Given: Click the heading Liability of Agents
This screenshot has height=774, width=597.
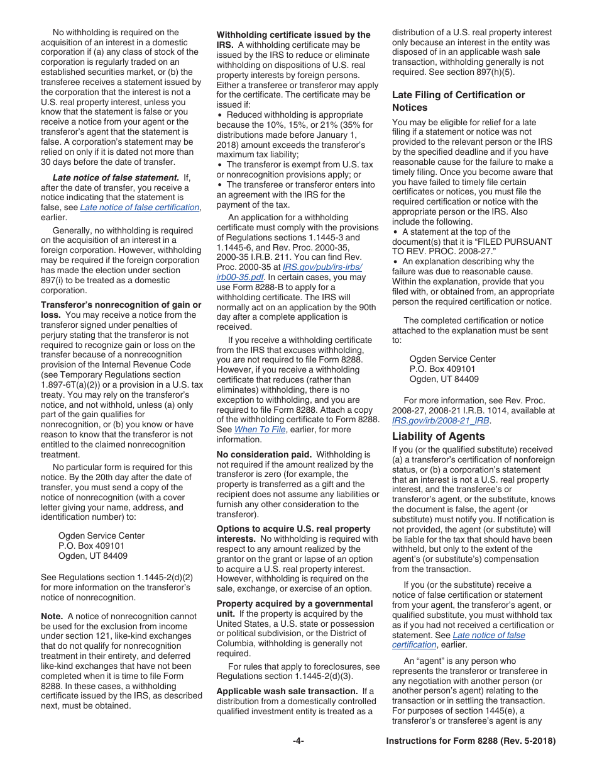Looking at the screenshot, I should coord(438,436).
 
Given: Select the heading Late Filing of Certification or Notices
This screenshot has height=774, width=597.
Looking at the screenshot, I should coord(458,101).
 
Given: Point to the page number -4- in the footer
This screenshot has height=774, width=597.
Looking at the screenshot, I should coord(298,741).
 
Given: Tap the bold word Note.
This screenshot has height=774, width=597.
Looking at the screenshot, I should coord(52,616).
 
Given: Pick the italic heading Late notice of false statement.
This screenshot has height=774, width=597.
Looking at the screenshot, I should coord(116,177).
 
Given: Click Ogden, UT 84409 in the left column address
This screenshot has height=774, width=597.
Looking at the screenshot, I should coord(93,556).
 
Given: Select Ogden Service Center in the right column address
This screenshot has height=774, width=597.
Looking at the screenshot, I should coord(452,359).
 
